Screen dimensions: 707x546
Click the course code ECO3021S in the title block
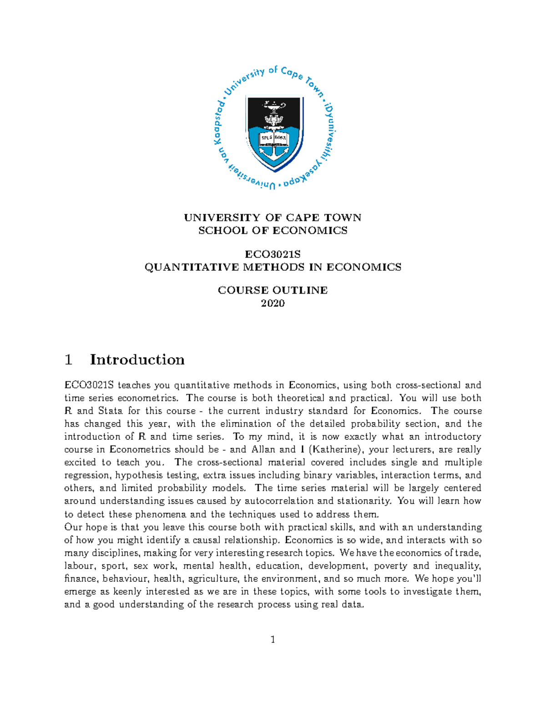[x=273, y=254]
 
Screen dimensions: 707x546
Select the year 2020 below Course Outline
[x=273, y=303]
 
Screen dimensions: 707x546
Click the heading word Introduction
[x=137, y=360]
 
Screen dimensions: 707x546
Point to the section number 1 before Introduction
[x=69, y=360]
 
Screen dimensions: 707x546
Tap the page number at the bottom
[x=273, y=640]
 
